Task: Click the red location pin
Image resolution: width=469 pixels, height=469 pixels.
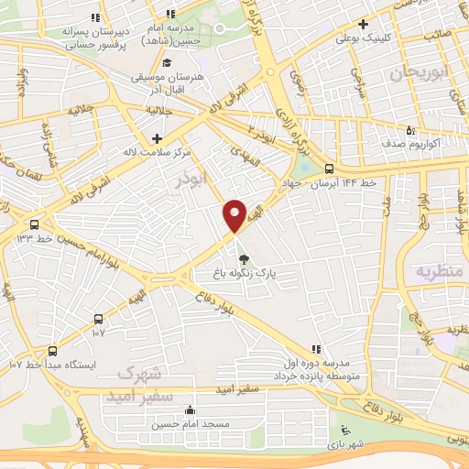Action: pyautogui.click(x=234, y=215)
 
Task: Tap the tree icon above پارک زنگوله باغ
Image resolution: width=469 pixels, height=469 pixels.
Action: pyautogui.click(x=243, y=257)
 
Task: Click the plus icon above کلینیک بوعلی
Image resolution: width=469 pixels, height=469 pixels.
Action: pyautogui.click(x=364, y=24)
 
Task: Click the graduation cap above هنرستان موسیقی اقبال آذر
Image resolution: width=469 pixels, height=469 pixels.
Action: pyautogui.click(x=167, y=62)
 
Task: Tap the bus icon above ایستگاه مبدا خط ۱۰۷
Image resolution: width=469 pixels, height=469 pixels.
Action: pyautogui.click(x=51, y=350)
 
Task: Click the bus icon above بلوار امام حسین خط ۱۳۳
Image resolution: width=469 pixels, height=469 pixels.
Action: pyautogui.click(x=35, y=224)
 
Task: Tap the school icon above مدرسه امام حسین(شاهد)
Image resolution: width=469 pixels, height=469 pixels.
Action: pyautogui.click(x=170, y=14)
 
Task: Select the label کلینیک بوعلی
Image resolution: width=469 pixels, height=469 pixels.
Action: pyautogui.click(x=366, y=38)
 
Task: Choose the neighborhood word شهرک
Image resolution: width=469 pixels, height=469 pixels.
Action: pyautogui.click(x=139, y=373)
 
